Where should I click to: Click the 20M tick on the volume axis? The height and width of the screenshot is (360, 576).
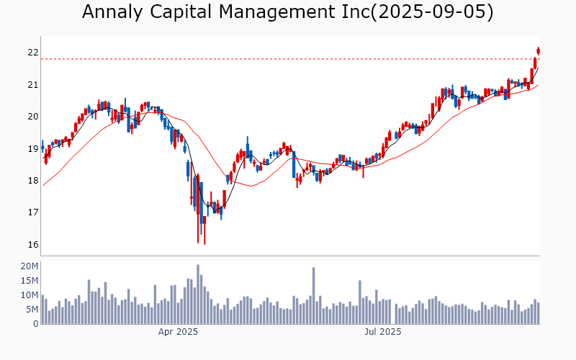point(29,266)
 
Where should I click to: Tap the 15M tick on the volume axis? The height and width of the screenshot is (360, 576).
point(29,281)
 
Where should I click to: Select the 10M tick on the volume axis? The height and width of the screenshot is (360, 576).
point(29,295)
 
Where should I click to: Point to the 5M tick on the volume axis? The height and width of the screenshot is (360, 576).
point(31,310)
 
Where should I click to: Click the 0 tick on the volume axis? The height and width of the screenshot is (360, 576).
point(35,324)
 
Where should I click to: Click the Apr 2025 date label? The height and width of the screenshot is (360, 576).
point(178,333)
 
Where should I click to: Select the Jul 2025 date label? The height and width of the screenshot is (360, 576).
point(382,333)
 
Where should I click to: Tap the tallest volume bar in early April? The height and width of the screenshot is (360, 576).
point(197,294)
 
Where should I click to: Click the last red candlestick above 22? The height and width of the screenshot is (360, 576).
point(538,50)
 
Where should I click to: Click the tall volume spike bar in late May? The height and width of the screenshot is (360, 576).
point(314,296)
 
